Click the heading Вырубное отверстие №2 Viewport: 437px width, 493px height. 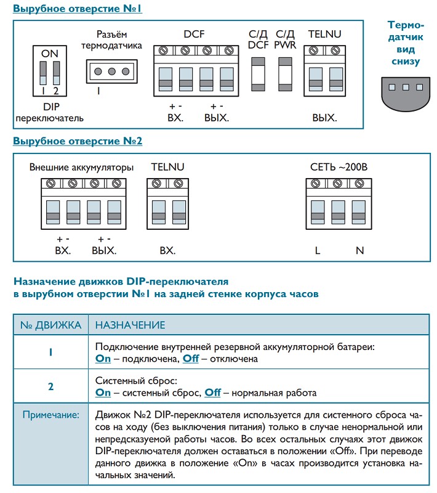click(x=78, y=141)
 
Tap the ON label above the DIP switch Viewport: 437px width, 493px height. click(x=49, y=54)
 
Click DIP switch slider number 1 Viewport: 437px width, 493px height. click(x=43, y=73)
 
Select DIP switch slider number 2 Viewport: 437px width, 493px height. click(x=56, y=73)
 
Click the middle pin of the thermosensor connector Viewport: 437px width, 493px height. click(x=112, y=71)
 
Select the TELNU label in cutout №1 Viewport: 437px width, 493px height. click(x=324, y=35)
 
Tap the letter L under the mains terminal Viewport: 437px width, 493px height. click(x=318, y=251)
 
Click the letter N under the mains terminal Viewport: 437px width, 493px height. click(x=360, y=251)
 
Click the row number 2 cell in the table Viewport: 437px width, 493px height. click(x=50, y=387)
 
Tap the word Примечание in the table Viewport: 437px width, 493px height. click(x=51, y=415)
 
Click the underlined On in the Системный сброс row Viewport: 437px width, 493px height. click(x=103, y=393)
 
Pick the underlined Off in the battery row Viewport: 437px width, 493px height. click(x=191, y=359)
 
